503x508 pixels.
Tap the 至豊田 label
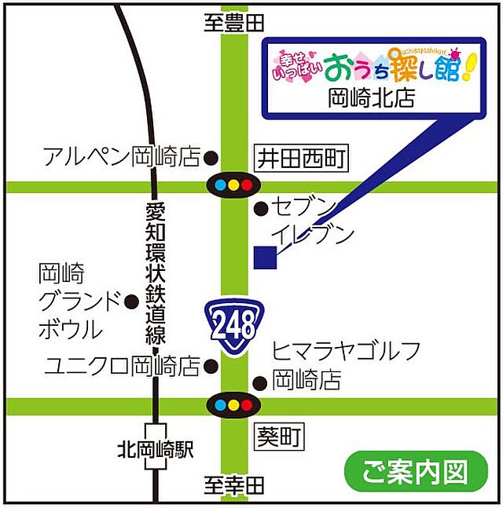pos(233,24)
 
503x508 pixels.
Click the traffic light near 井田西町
pos(233,186)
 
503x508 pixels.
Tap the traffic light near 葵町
pos(233,406)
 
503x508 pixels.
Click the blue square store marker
pos(265,258)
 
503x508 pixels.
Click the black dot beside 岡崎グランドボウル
pos(131,300)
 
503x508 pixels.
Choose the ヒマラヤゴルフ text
pos(347,351)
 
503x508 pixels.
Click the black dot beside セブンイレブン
pos(260,208)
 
